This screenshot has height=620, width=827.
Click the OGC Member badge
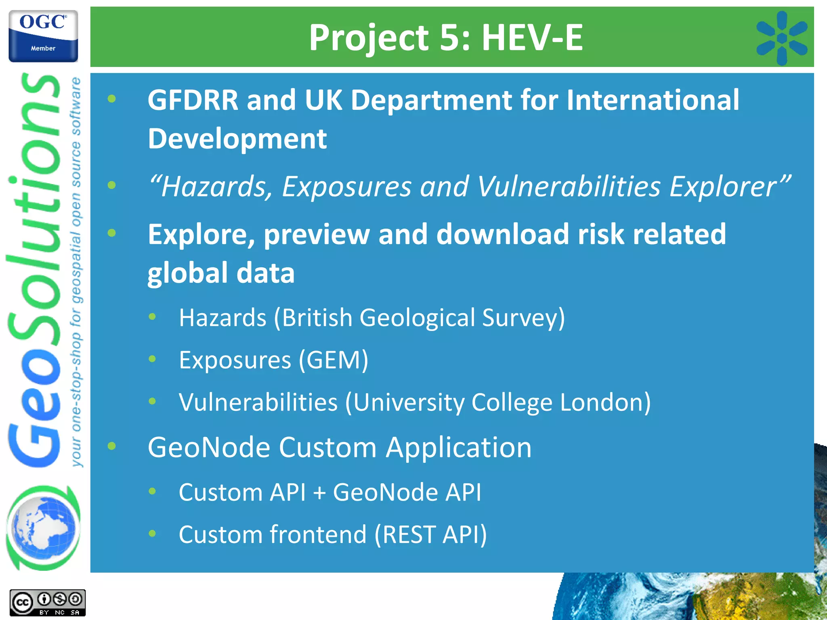pyautogui.click(x=43, y=36)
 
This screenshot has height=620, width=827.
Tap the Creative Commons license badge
pyautogui.click(x=47, y=603)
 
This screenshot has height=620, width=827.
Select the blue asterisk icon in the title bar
pyautogui.click(x=782, y=38)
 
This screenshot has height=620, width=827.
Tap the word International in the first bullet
pyautogui.click(x=653, y=100)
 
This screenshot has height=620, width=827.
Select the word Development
pyautogui.click(x=237, y=138)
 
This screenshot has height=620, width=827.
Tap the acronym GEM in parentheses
pyautogui.click(x=334, y=360)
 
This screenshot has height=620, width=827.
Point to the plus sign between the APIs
pyautogui.click(x=319, y=493)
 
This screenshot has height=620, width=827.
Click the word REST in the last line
pyautogui.click(x=410, y=534)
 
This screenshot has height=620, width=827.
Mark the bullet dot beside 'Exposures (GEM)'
pyautogui.click(x=152, y=359)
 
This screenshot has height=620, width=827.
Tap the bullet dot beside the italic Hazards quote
pyautogui.click(x=112, y=185)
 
